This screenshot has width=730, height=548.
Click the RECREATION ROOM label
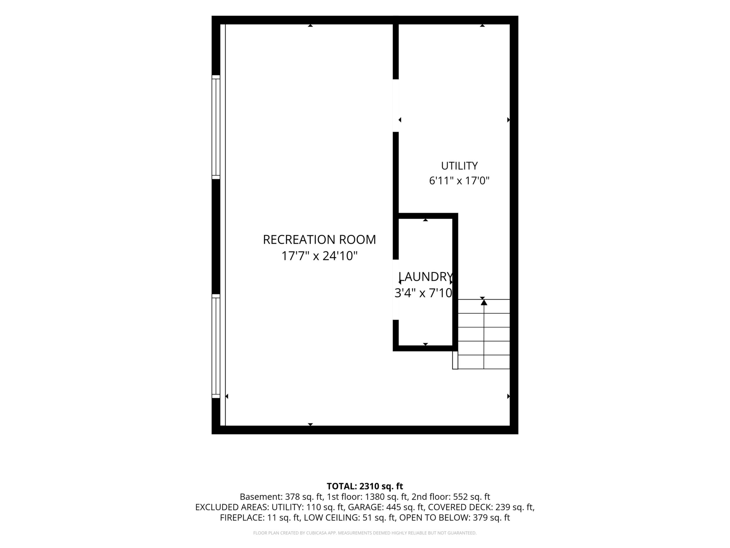[319, 240]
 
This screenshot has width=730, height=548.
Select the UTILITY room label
[459, 165]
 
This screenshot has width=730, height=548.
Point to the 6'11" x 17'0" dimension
[459, 181]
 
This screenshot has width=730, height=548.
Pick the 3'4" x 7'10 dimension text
[423, 293]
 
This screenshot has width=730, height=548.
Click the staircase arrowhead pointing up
[484, 302]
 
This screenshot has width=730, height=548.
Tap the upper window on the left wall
[216, 127]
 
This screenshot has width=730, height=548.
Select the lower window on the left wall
[216, 346]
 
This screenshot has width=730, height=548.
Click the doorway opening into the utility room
[396, 106]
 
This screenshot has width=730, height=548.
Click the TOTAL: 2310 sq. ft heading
[365, 486]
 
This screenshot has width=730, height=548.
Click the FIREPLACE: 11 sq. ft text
[260, 518]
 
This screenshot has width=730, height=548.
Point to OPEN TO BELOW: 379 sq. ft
[454, 518]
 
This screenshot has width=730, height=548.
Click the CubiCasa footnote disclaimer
[365, 533]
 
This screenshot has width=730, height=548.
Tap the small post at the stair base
[455, 360]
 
